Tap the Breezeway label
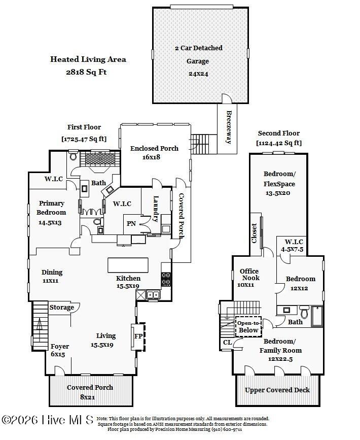tap(229, 127)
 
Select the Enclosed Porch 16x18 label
tap(154, 152)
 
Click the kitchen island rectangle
tap(128, 265)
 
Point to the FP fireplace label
tap(138, 336)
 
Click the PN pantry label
tap(131, 223)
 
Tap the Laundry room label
tap(156, 209)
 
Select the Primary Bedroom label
tap(51, 208)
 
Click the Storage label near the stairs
tap(62, 307)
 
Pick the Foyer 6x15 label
tap(59, 350)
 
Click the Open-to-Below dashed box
tap(248, 327)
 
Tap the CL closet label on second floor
tap(227, 343)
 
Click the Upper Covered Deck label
tap(277, 390)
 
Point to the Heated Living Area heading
tap(88, 59)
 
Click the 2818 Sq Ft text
tap(86, 72)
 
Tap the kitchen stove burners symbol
tap(166, 279)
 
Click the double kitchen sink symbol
tap(153, 295)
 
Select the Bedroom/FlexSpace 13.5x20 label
tap(279, 183)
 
